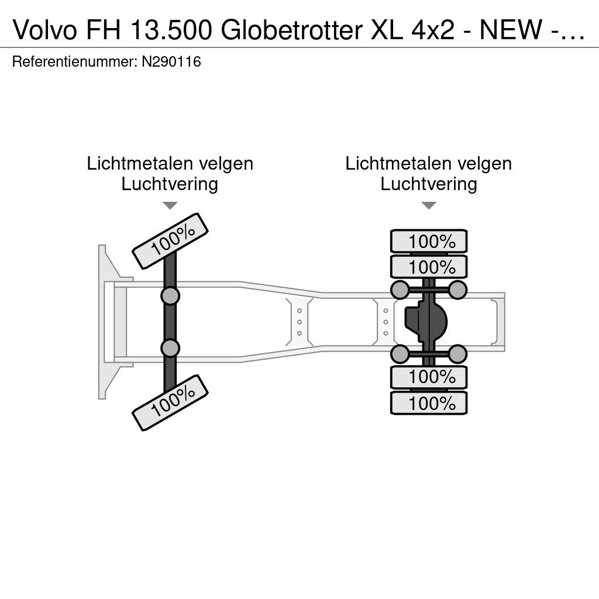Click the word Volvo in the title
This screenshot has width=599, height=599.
[45, 30]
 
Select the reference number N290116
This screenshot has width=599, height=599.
[171, 61]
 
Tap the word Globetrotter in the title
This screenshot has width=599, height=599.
[291, 30]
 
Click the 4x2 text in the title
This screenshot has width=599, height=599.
[433, 30]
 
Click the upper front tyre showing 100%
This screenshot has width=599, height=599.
[170, 241]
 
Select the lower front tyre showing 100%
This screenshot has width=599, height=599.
[170, 403]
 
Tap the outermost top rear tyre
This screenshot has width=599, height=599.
[429, 242]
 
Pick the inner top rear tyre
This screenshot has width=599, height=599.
[429, 267]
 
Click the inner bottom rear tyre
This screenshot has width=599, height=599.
[429, 377]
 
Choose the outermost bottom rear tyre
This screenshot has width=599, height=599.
[429, 403]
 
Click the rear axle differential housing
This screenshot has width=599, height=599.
[426, 322]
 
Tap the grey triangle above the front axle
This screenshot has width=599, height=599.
[170, 205]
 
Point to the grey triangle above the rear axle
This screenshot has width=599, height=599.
[429, 205]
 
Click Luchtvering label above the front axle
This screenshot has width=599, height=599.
[170, 184]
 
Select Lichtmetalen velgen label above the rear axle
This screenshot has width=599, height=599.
[429, 164]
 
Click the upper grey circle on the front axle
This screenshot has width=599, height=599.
[170, 295]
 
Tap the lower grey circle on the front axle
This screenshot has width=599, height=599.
[170, 348]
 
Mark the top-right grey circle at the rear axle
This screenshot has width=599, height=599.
[457, 290]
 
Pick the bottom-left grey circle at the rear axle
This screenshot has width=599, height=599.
[400, 354]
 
